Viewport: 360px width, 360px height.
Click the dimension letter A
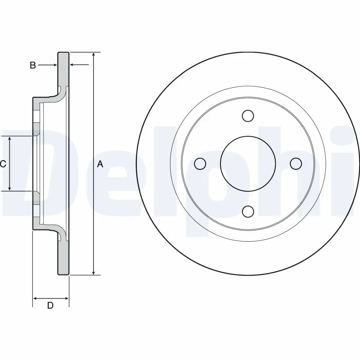pyautogui.click(x=100, y=164)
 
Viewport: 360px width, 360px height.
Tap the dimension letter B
pyautogui.click(x=32, y=65)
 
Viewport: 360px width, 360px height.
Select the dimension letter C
pyautogui.click(x=3, y=164)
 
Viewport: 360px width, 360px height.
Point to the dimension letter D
pyautogui.click(x=50, y=306)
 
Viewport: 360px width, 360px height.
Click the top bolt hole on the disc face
pyautogui.click(x=247, y=116)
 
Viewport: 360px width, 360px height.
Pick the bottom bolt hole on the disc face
pyautogui.click(x=247, y=211)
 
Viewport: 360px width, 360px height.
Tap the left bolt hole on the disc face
pyautogui.click(x=200, y=164)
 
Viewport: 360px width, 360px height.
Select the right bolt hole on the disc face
pyautogui.click(x=296, y=164)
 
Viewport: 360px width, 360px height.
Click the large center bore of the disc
pyautogui.click(x=247, y=164)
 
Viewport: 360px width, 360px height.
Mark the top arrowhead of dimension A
pyautogui.click(x=93, y=55)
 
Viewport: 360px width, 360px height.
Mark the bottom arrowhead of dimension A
pyautogui.click(x=93, y=272)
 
